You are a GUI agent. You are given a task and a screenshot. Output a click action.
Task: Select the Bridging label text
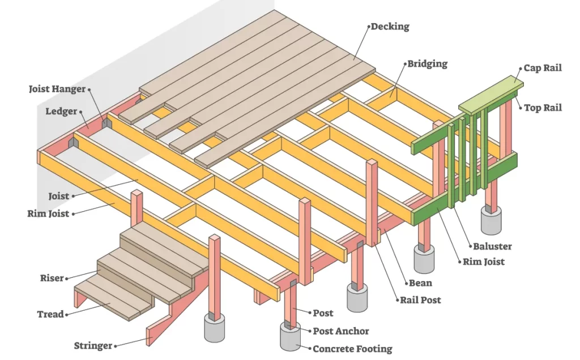427,64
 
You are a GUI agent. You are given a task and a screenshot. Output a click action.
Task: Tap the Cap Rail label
542,68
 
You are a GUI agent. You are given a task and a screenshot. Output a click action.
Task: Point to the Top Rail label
542,108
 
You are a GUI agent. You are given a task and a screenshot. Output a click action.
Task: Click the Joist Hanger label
57,89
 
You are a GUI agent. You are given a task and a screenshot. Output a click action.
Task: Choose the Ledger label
61,112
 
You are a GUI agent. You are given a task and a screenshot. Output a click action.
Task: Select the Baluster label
492,246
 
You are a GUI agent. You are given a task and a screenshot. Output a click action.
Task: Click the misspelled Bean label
420,283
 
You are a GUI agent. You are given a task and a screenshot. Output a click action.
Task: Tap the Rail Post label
420,300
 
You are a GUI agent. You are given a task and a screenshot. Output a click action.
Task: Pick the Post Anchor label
340,331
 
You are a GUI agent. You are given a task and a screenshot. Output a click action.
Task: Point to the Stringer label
93,346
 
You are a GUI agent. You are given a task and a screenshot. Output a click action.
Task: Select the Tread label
50,314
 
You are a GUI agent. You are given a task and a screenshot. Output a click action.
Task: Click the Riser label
52,278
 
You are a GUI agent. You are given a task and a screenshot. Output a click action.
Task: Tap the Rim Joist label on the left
48,213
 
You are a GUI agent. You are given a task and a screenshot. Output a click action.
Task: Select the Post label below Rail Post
323,313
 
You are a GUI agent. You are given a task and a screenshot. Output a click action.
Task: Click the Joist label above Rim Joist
58,196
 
